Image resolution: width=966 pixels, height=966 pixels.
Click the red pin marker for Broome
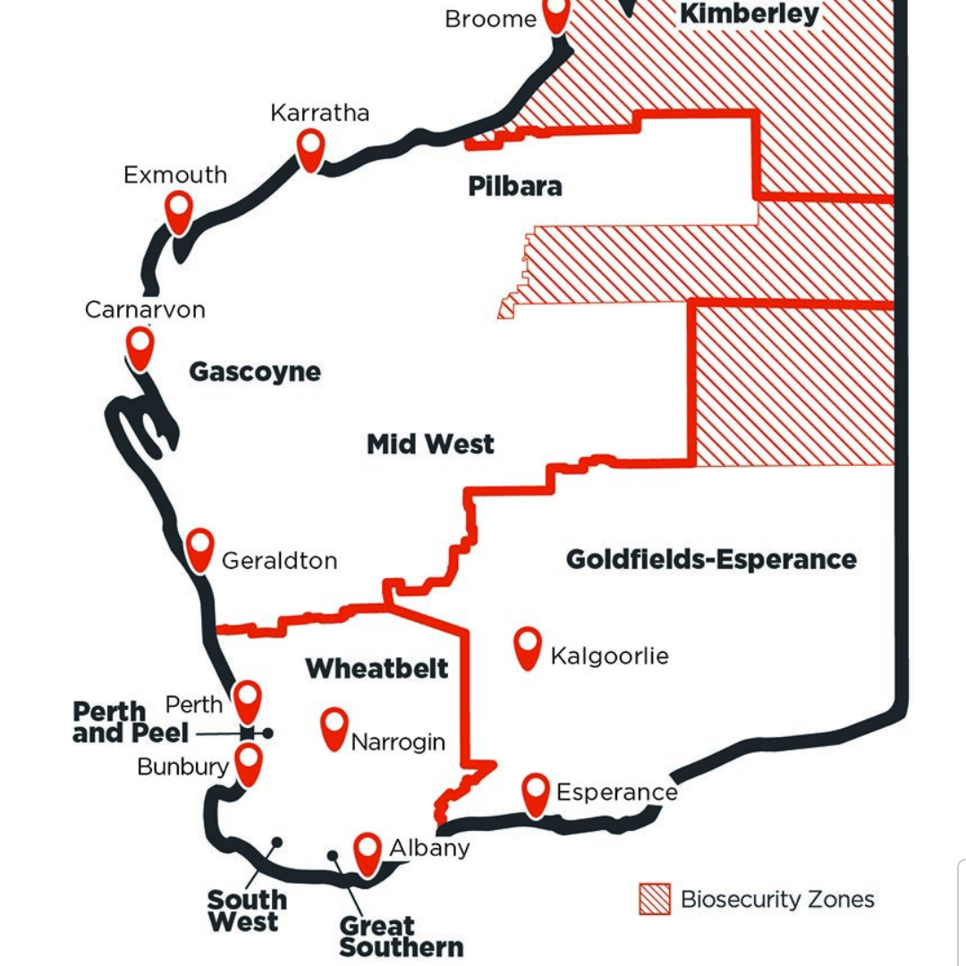coord(556,13)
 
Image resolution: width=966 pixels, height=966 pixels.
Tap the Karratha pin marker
coord(310,148)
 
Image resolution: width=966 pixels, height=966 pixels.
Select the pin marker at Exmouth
coord(179,209)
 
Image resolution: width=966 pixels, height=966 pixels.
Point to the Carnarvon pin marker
coord(140,345)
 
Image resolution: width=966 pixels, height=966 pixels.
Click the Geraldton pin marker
coord(200,547)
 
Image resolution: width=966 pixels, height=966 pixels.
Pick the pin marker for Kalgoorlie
coord(528,646)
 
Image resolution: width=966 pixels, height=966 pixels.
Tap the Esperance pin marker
coord(536,792)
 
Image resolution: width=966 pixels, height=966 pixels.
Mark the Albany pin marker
coord(368,852)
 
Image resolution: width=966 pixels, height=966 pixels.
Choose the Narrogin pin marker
coord(335,727)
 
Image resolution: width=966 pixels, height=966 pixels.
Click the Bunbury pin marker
coord(248,763)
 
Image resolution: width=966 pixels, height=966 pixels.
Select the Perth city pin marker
coord(247,699)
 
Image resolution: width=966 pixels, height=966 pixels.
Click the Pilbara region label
coord(515,186)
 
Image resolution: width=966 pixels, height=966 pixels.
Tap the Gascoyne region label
coord(255,372)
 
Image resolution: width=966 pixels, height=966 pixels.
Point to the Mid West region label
coord(430,444)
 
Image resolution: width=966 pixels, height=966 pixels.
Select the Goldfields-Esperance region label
coord(711,560)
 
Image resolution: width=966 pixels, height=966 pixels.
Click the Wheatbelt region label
coord(377,668)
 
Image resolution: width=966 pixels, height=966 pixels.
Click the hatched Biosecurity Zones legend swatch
coord(655,899)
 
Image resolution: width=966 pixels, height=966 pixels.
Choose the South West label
coord(247,911)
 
